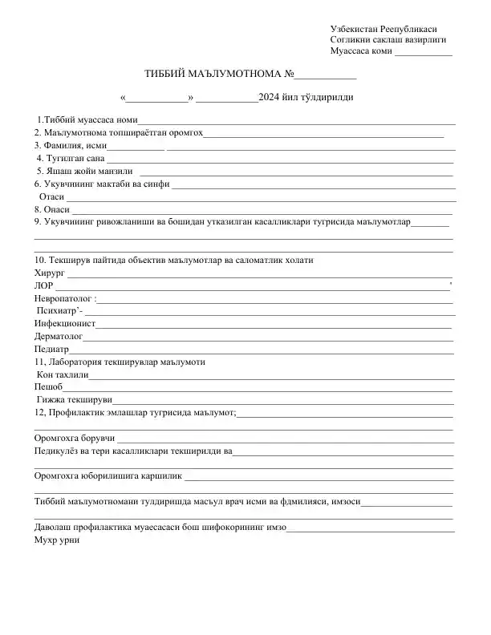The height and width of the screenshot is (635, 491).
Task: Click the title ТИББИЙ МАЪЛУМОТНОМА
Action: coord(213,74)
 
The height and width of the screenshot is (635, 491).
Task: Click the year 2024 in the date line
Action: coord(270,98)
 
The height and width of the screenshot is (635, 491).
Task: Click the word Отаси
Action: coord(51,196)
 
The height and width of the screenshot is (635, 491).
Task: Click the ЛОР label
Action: coord(43,285)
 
